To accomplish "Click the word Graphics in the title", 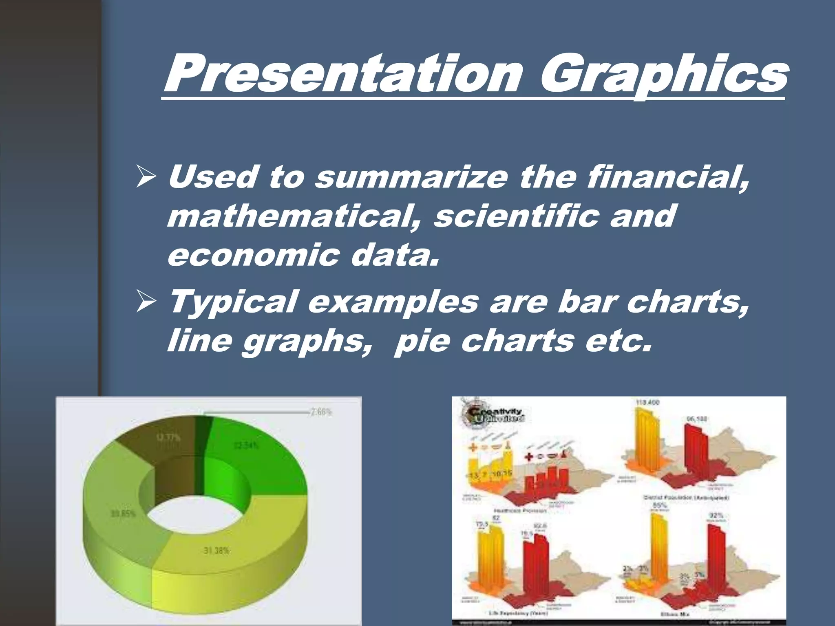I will click(x=663, y=75).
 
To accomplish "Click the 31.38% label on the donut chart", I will click(x=216, y=551).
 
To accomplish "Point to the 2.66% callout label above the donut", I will click(x=321, y=412).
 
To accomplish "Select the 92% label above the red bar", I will click(x=716, y=516).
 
